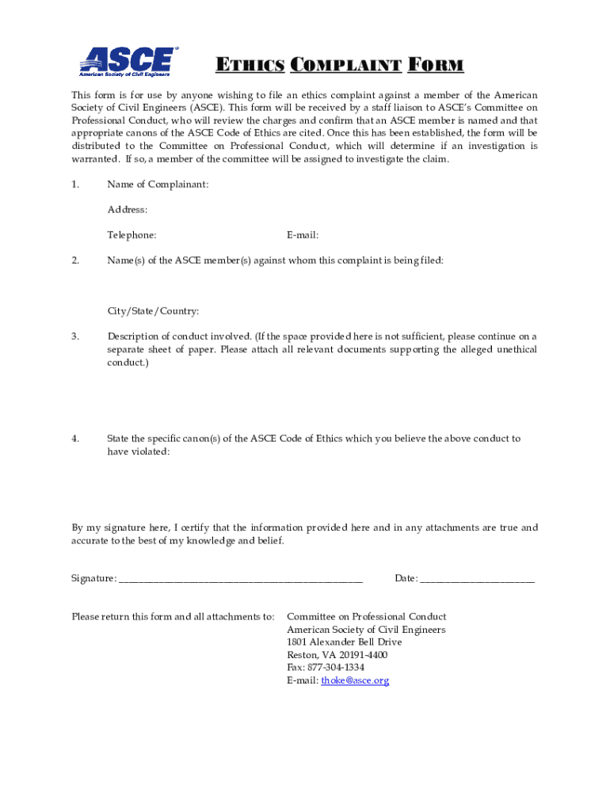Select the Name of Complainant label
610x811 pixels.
tap(158, 185)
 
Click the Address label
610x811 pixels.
tap(128, 210)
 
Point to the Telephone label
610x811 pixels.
tap(132, 235)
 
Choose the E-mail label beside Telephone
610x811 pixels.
tap(303, 235)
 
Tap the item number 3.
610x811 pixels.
tap(75, 337)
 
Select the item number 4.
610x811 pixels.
tap(75, 438)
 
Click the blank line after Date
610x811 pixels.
tap(477, 581)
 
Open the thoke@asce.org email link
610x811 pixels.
tap(355, 681)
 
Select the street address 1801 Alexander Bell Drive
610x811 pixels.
tap(344, 642)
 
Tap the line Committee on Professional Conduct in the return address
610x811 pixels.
tap(366, 617)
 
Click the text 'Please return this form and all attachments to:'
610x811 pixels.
tap(173, 617)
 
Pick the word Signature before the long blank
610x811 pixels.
tap(93, 579)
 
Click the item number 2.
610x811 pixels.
tap(75, 261)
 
